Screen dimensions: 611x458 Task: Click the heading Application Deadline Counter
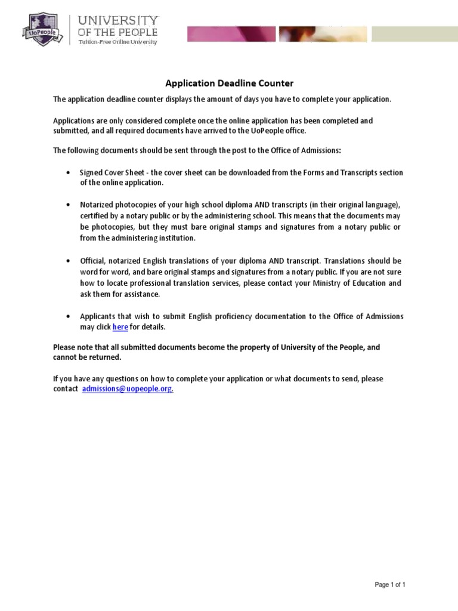tap(229, 84)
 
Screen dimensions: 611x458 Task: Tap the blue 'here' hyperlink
tap(120, 327)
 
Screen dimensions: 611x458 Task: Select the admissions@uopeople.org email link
tap(127, 388)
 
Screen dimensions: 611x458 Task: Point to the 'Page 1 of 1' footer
tap(389, 585)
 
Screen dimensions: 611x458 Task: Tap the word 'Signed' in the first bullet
tap(91, 172)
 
